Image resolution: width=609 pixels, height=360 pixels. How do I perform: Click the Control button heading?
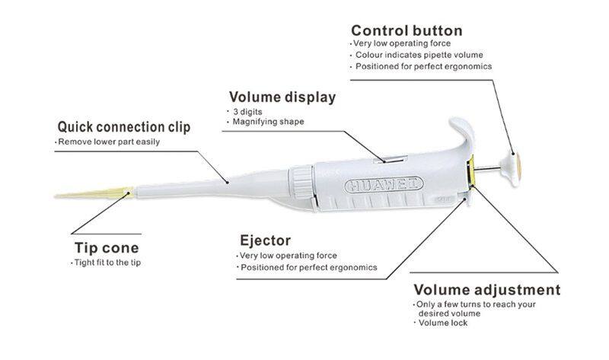407,31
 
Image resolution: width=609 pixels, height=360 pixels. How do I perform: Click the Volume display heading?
282,98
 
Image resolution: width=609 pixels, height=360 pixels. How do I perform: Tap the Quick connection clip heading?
124,127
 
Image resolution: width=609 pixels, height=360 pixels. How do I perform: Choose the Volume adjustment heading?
486,290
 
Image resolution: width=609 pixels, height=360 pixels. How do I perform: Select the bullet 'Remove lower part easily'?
109,142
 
